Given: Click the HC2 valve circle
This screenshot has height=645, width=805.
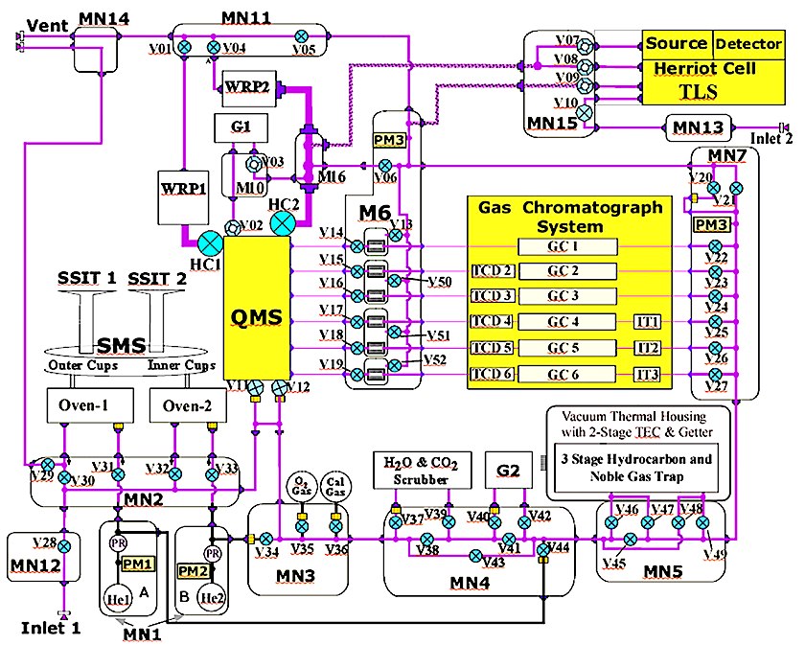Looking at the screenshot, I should pyautogui.click(x=283, y=223).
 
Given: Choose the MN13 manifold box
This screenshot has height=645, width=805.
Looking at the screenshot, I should pyautogui.click(x=699, y=127).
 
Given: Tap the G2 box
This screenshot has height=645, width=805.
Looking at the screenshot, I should pyautogui.click(x=509, y=471).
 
